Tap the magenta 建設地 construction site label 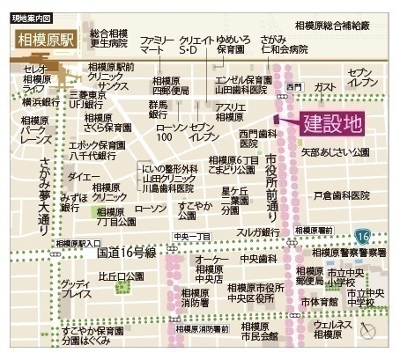[x=332, y=123]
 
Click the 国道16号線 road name [x=126, y=252]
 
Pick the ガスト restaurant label [x=324, y=87]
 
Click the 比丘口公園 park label [x=121, y=276]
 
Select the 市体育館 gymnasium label [x=319, y=301]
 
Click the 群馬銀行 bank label [x=159, y=108]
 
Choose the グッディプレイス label [x=77, y=290]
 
